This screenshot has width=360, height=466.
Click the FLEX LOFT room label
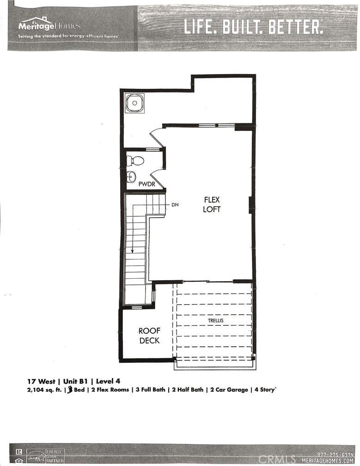(213, 204)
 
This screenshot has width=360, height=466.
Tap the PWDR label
(147, 184)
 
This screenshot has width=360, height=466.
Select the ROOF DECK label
(149, 336)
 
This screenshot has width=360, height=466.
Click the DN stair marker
(175, 204)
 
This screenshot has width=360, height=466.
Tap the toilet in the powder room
(135, 161)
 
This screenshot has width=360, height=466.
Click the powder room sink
(132, 176)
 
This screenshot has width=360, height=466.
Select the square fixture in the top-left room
(134, 104)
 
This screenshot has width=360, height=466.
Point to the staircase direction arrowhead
(133, 251)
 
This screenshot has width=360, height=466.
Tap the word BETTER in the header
(297, 27)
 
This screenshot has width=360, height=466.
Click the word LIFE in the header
(200, 27)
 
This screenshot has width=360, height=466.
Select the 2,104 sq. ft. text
(44, 390)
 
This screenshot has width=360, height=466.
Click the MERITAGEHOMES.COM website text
(329, 460)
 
